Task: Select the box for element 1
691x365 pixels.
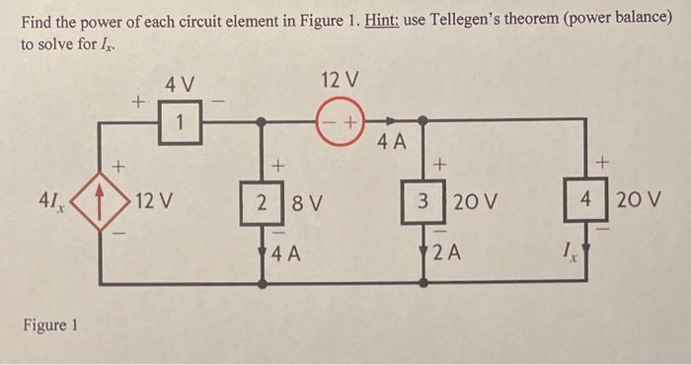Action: click(x=179, y=122)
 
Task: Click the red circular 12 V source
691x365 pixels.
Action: click(x=341, y=121)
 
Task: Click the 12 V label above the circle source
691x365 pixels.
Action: click(x=341, y=78)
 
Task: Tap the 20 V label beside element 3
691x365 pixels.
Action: click(x=473, y=205)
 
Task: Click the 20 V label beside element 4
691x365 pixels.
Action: click(x=637, y=203)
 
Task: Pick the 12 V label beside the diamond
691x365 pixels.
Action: click(x=153, y=204)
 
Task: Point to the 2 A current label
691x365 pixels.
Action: click(x=447, y=252)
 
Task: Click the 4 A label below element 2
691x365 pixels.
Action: click(x=285, y=253)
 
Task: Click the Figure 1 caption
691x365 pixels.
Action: click(x=47, y=325)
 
